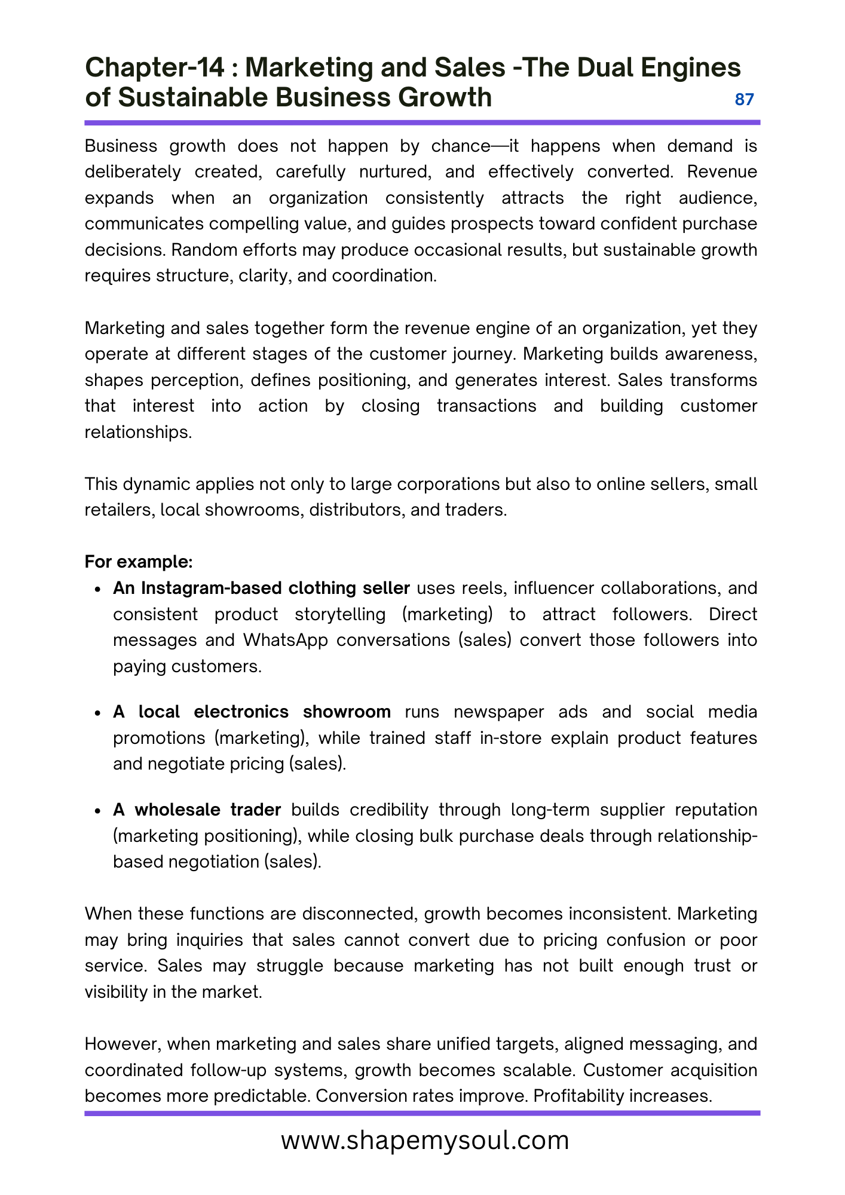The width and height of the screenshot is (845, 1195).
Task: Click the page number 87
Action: tap(744, 100)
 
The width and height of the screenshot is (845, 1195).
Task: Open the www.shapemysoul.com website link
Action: tap(425, 1140)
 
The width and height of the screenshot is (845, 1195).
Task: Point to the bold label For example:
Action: tap(139, 562)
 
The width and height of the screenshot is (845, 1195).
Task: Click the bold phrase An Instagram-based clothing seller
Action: tap(261, 588)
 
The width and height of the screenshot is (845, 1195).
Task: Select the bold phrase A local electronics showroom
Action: tap(252, 712)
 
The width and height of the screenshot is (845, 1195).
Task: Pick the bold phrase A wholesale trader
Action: tap(197, 810)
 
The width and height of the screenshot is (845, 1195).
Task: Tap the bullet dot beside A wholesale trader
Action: tap(99, 811)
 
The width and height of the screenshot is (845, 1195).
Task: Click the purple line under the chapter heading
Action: tap(422, 122)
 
